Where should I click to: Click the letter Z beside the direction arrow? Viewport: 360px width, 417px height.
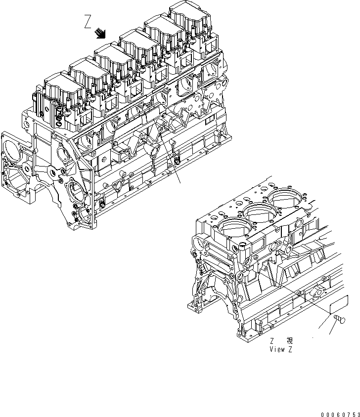[88, 22]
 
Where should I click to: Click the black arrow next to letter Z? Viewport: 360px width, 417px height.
[101, 33]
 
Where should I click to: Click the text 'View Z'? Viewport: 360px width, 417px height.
[281, 348]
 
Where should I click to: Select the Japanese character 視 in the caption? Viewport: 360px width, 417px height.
[290, 340]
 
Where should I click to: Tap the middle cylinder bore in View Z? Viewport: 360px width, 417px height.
[260, 214]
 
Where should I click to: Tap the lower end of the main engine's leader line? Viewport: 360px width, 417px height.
[180, 182]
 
